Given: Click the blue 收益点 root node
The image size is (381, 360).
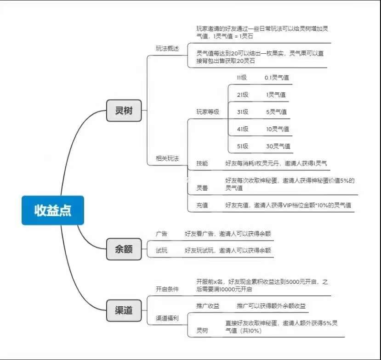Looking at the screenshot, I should [52, 210].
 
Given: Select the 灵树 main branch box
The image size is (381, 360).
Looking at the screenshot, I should [124, 111].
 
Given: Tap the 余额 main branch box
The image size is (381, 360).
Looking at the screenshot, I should [124, 249].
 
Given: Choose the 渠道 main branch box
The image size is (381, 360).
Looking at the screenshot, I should [124, 310].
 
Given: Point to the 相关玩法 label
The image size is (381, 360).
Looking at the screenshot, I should [167, 158].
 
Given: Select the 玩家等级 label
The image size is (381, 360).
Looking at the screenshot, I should [208, 112].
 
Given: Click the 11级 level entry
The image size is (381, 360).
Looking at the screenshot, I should [242, 78].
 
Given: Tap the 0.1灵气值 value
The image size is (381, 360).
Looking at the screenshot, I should [277, 78].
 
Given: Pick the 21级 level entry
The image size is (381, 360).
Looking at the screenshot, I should [243, 95].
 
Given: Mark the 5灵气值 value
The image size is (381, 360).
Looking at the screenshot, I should [276, 112].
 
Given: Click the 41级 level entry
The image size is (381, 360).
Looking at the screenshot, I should [243, 129].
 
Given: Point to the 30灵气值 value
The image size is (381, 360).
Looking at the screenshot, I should [278, 146].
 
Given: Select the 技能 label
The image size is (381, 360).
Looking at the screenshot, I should [202, 163].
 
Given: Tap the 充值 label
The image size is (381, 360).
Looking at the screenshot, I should [202, 206].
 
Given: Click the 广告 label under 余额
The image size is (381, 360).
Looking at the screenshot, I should [162, 234].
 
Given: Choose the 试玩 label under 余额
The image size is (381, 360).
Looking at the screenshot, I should [162, 250].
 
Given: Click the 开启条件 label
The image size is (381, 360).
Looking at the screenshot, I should [167, 289].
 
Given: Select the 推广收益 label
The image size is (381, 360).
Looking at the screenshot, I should [208, 306].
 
